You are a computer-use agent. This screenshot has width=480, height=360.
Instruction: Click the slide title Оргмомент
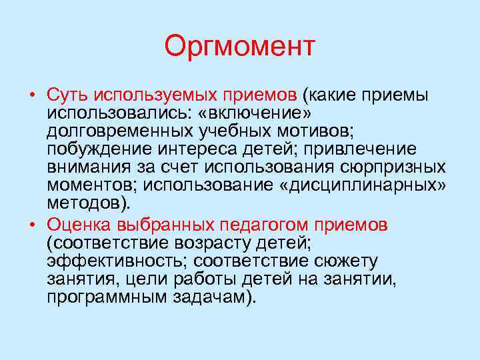tap(239, 47)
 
